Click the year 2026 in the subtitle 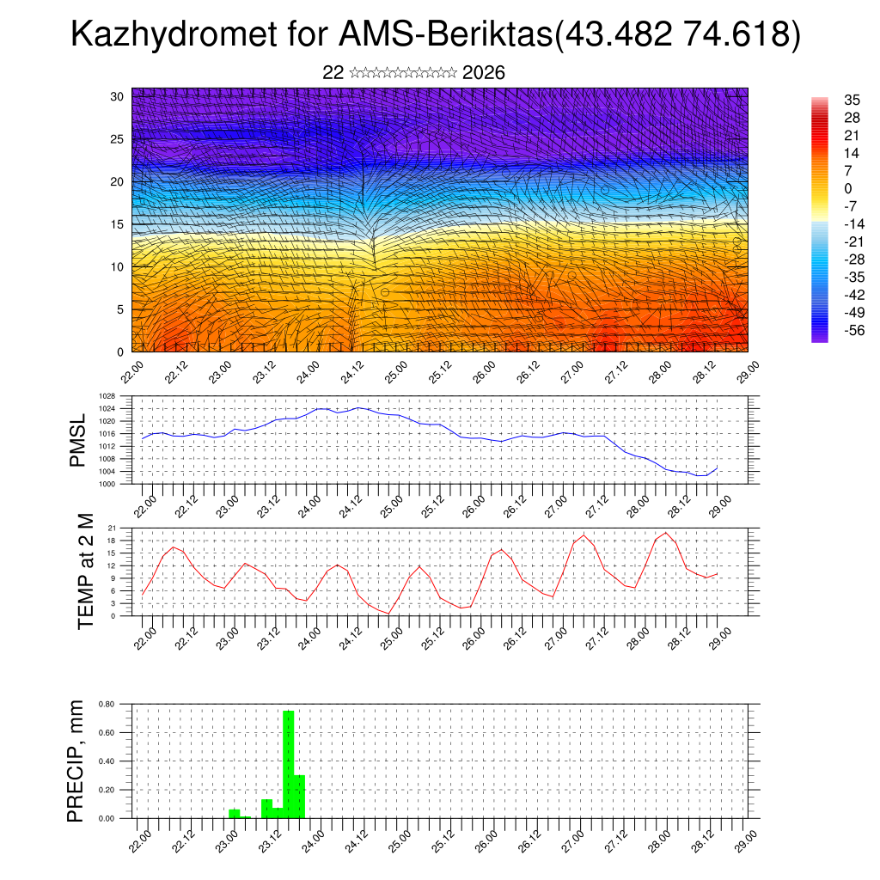tap(484, 73)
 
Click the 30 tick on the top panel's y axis tap(118, 96)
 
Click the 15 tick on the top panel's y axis tap(118, 224)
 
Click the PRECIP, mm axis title tap(76, 761)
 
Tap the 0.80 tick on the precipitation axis tap(107, 704)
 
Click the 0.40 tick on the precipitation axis tap(107, 761)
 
